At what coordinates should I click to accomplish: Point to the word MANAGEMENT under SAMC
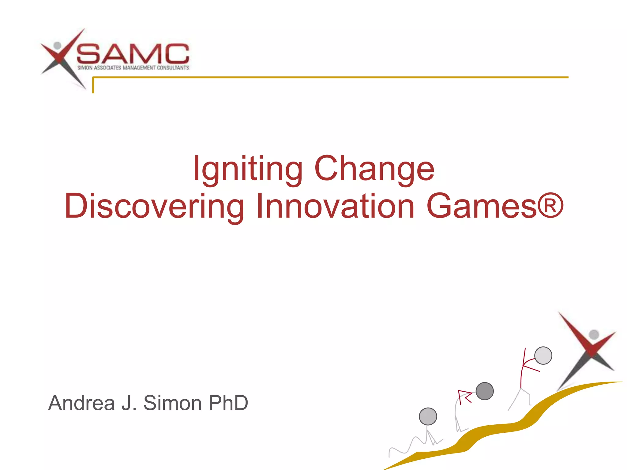point(139,68)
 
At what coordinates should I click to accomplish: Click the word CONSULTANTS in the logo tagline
point(173,68)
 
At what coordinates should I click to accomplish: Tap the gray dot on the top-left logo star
point(57,46)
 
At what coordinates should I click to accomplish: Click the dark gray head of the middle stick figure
point(485,391)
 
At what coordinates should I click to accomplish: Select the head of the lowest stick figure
point(428,416)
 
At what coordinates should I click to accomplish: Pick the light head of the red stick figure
point(543,356)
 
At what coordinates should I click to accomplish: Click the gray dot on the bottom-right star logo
point(594,334)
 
